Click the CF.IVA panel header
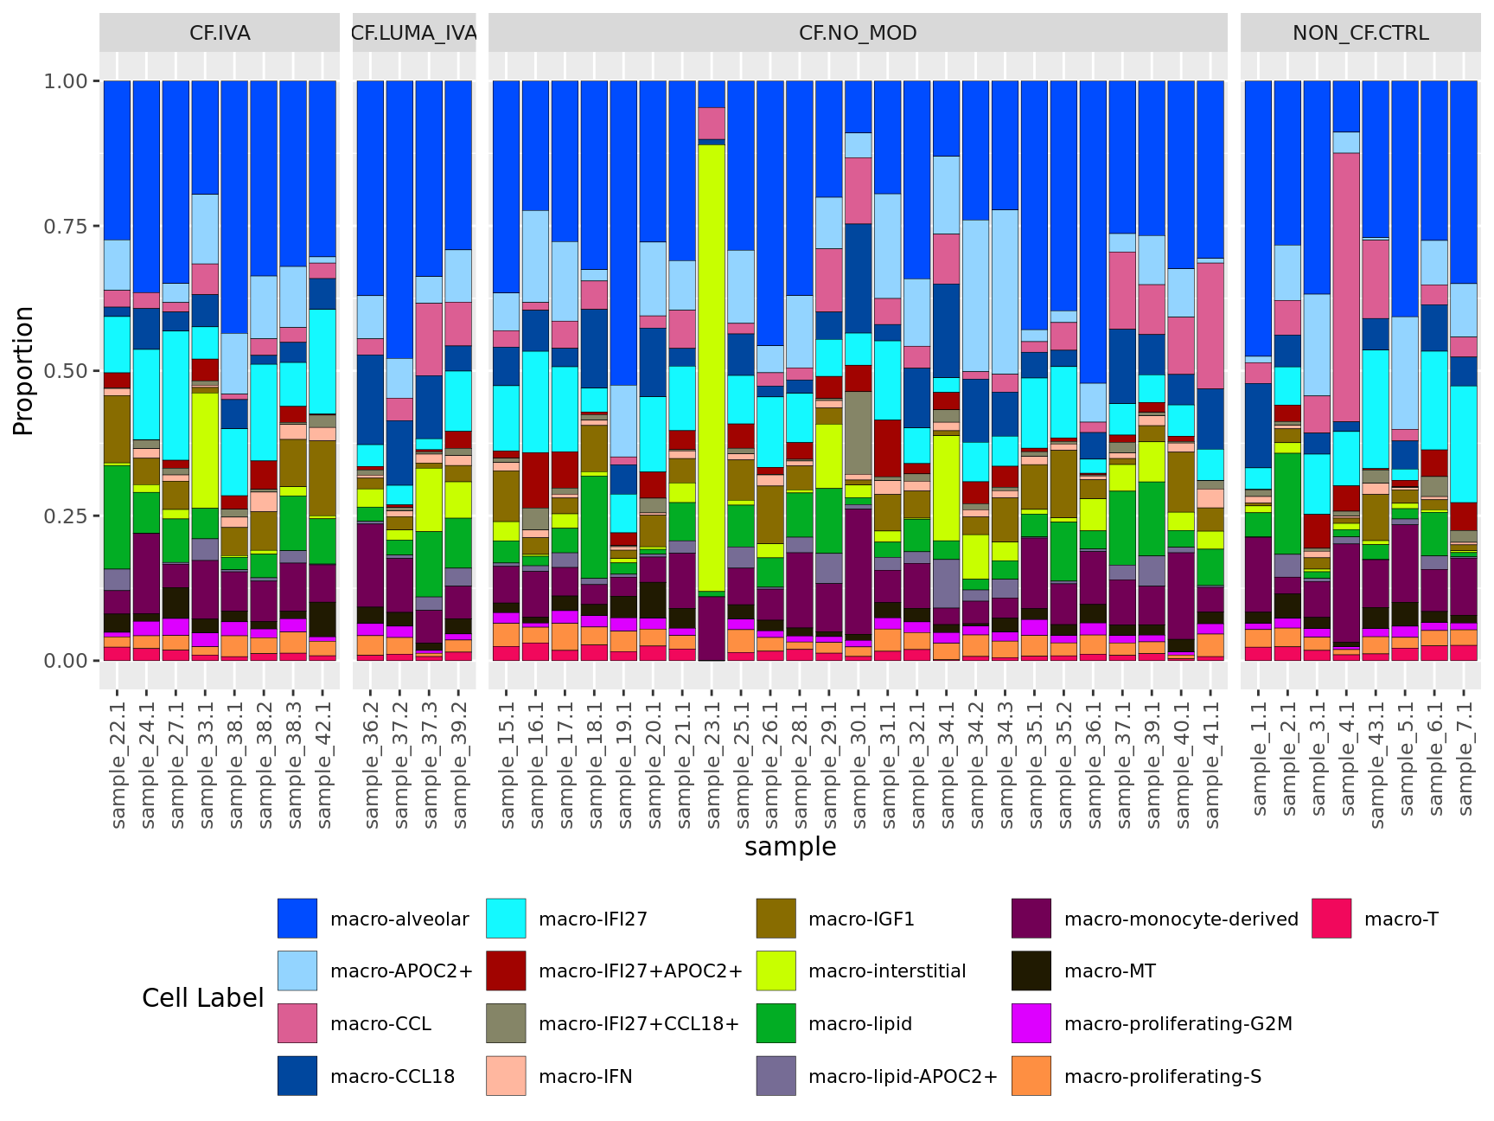pos(220,33)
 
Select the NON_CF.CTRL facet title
pos(1360,33)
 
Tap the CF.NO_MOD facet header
pos(858,33)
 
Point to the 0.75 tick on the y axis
pos(66,226)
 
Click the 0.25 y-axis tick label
pos(66,516)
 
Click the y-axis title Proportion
pos(23,370)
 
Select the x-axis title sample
pos(790,847)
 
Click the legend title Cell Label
pos(202,998)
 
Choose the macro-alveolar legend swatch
pos(297,919)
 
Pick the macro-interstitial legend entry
pos(886,971)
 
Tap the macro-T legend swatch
pos(1331,919)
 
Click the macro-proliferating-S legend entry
pos(1162,1077)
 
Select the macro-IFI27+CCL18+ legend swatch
pos(506,1024)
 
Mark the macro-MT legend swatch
pos(1031,971)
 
